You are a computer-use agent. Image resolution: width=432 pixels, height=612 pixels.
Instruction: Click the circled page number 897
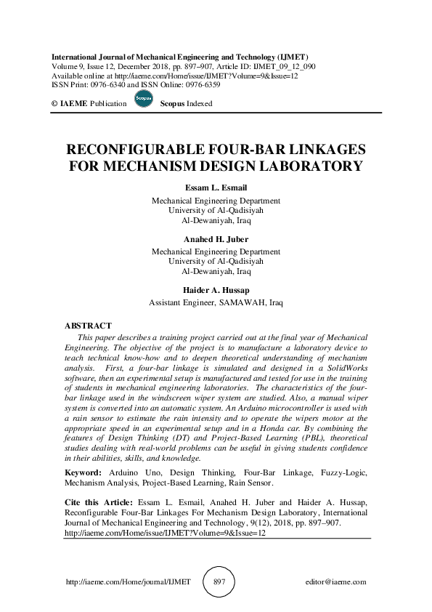pos(219,582)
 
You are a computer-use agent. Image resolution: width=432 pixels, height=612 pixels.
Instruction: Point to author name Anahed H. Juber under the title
pos(216,238)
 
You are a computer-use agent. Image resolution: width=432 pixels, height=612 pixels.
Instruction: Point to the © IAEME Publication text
pos(89,104)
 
